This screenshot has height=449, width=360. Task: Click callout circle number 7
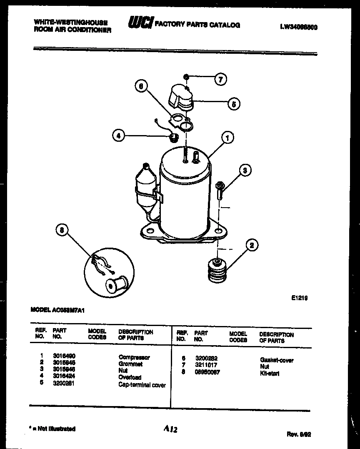220,79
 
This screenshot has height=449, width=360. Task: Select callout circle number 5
234,104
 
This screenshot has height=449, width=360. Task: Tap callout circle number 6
142,86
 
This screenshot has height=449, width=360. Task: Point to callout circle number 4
119,135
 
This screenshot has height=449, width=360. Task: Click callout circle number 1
227,137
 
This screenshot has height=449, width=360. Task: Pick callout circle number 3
245,170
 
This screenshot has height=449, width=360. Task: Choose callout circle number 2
252,246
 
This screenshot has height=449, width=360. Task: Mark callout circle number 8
62,231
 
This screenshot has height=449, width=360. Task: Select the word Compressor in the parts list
134,357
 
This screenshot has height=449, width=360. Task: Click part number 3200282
206,358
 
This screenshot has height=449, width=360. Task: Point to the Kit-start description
270,373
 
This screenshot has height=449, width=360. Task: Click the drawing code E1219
299,298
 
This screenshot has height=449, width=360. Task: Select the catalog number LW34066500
299,28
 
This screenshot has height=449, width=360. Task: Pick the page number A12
171,429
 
